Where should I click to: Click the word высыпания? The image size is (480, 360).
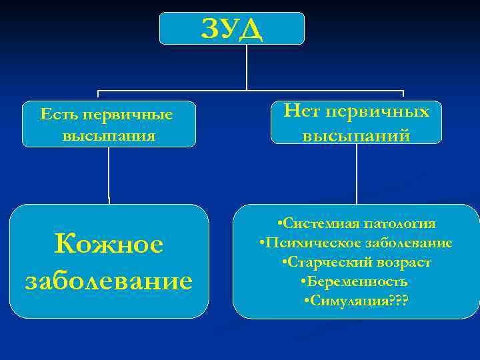pyautogui.click(x=109, y=135)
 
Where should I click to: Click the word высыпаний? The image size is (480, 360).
pyautogui.click(x=356, y=135)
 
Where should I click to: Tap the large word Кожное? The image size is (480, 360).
pyautogui.click(x=109, y=244)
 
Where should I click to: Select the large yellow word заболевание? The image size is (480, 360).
pyautogui.click(x=109, y=279)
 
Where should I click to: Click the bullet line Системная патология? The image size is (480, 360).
pyautogui.click(x=356, y=223)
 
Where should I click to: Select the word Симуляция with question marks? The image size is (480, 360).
pyautogui.click(x=356, y=301)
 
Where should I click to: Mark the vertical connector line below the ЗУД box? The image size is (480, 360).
pyautogui.click(x=247, y=67)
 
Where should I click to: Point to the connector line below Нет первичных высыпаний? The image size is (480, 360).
pyautogui.click(x=357, y=173)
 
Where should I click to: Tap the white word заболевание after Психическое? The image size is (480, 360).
pyautogui.click(x=403, y=243)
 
